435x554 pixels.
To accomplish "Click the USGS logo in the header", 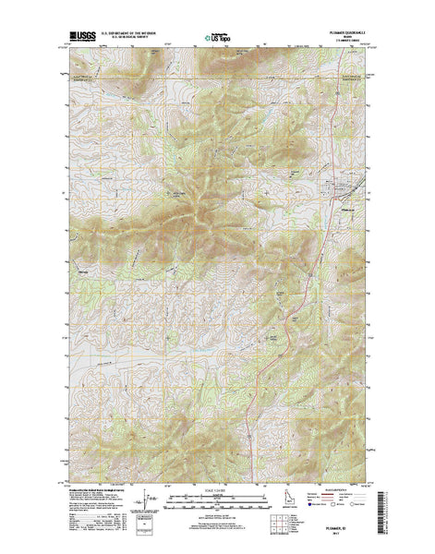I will pyautogui.click(x=76, y=40).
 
